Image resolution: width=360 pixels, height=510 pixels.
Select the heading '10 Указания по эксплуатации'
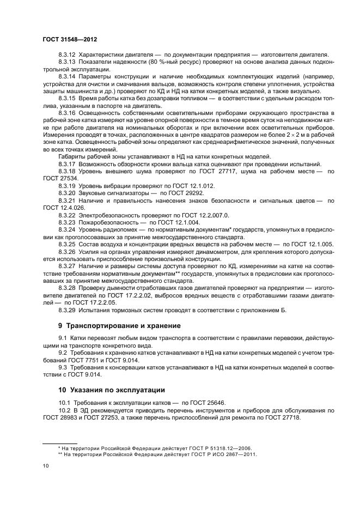112,390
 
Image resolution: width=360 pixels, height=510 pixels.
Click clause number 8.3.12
67,55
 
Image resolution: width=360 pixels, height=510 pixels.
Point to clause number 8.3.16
67,112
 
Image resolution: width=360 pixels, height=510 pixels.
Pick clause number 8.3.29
67,311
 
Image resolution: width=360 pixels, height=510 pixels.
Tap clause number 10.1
65,403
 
